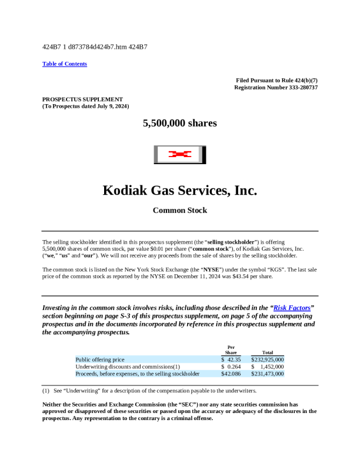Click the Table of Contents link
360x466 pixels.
click(65, 64)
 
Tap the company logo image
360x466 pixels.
click(180, 155)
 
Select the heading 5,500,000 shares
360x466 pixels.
click(180, 124)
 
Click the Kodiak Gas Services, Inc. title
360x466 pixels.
click(180, 190)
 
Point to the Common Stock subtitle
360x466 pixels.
click(180, 210)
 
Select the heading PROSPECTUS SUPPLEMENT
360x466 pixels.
click(82, 99)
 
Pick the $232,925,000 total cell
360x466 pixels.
click(268, 359)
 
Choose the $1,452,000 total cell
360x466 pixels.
click(271, 367)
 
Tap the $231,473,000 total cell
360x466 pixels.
click(268, 374)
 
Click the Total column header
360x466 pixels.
click(268, 352)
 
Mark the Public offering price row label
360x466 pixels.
click(100, 359)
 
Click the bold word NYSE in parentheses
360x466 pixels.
click(212, 269)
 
